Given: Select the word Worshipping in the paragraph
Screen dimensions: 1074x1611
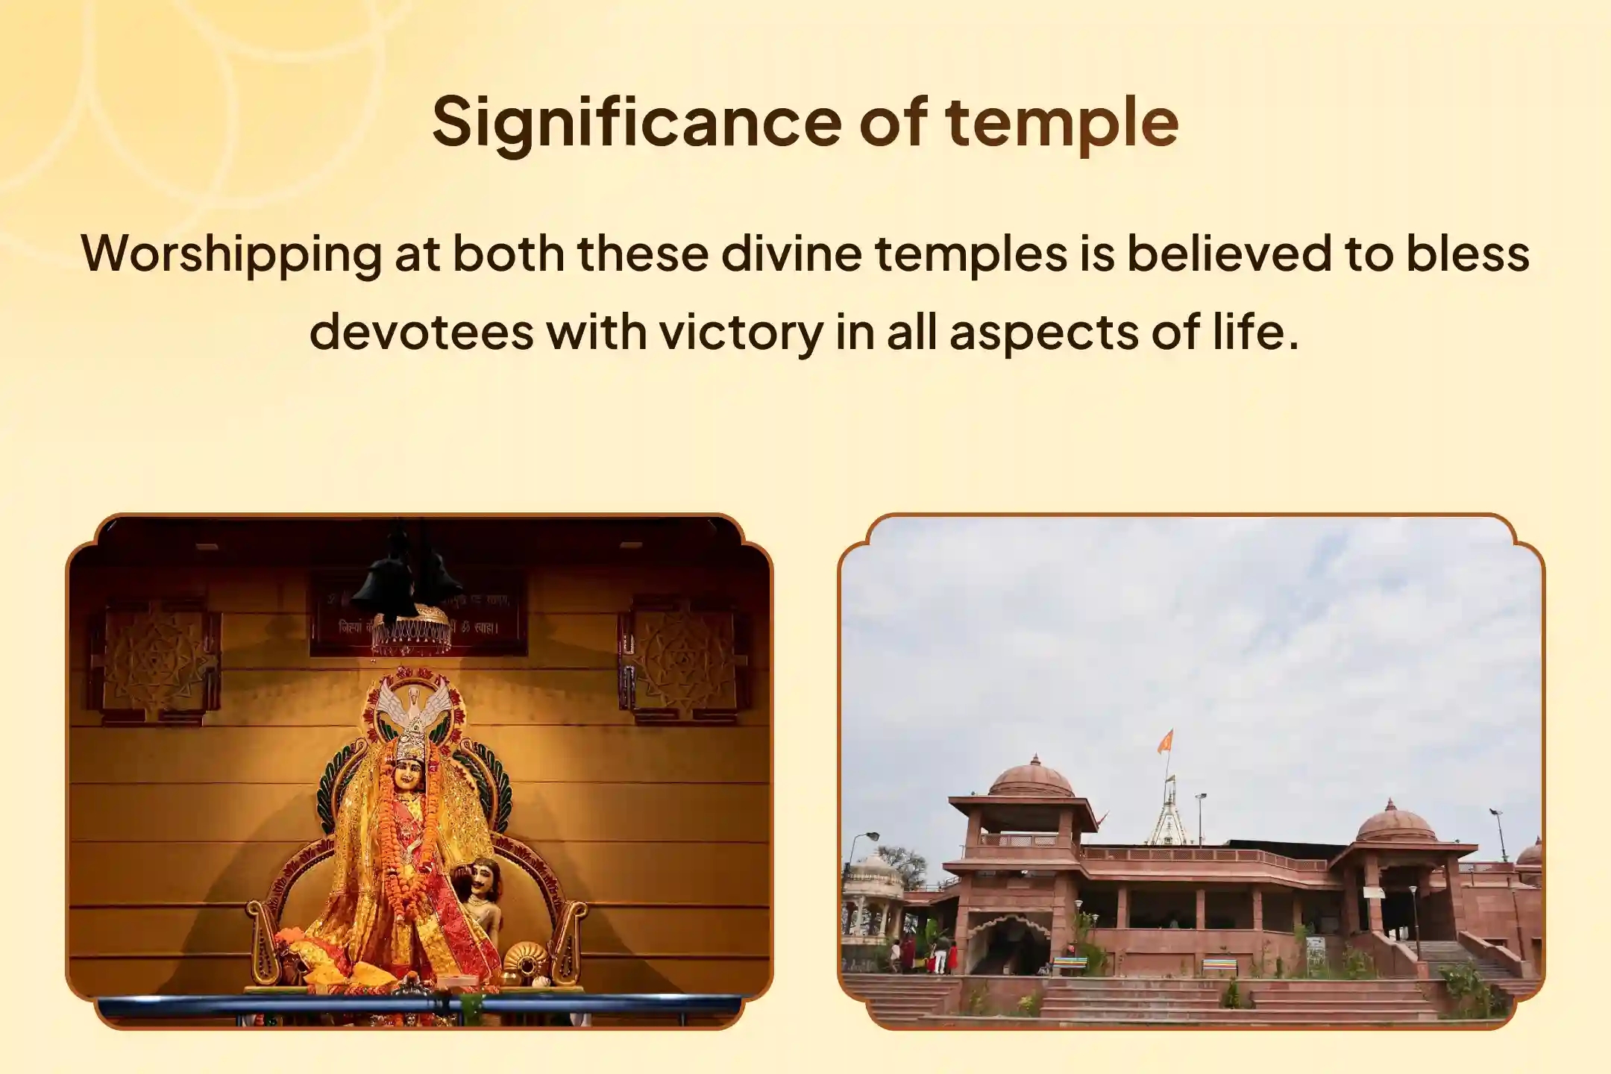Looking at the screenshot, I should tap(231, 254).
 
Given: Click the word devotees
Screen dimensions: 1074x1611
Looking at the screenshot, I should tap(421, 331).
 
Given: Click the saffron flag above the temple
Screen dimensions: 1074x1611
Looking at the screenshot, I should tap(1164, 741).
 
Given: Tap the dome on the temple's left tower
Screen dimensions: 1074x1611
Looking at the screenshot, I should tap(1032, 778).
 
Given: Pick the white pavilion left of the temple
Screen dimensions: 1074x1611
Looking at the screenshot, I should tap(872, 895).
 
